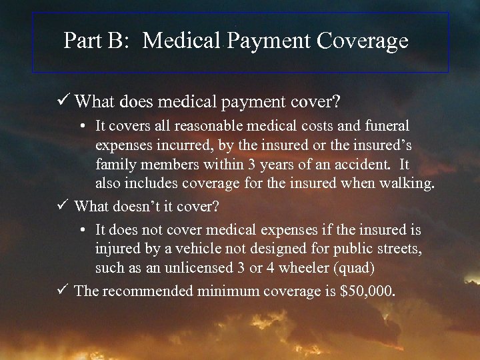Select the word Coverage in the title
(363, 41)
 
